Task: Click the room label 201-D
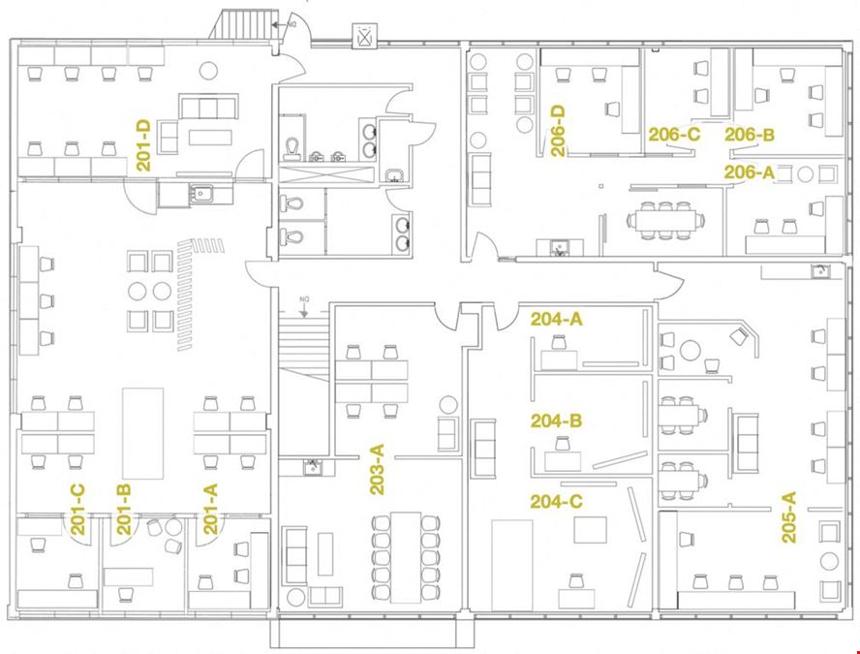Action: click(x=143, y=145)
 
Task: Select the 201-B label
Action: click(x=124, y=509)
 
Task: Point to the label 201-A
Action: click(x=210, y=509)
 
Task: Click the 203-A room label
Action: click(x=378, y=469)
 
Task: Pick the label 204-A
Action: click(x=556, y=319)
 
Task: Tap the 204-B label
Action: click(x=556, y=421)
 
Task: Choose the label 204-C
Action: click(x=556, y=501)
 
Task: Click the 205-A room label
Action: click(x=788, y=515)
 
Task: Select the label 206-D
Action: click(x=558, y=131)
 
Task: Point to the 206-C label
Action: click(x=673, y=135)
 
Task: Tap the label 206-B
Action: click(x=751, y=135)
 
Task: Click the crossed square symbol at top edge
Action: click(x=365, y=37)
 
